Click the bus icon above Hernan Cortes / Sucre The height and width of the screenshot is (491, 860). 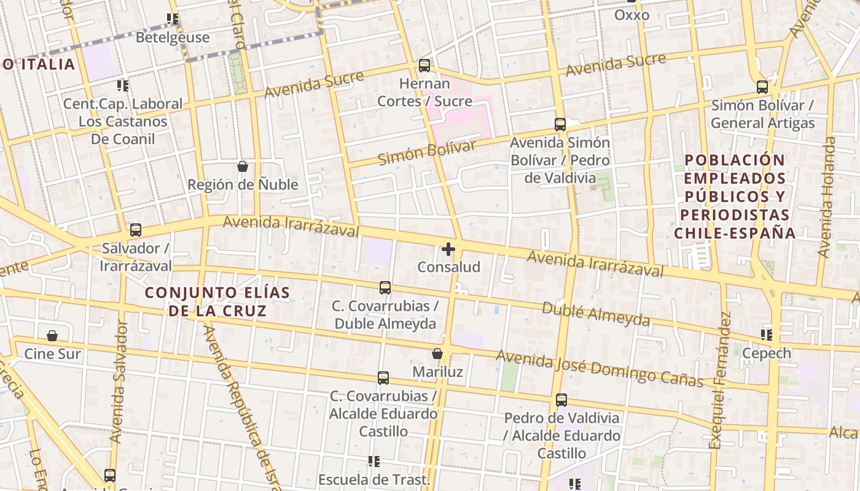(424, 66)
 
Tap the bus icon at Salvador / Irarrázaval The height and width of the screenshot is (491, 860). (135, 231)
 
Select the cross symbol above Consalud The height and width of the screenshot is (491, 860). (448, 249)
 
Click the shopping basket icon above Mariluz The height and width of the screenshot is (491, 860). (437, 354)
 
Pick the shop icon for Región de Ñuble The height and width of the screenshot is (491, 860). (243, 166)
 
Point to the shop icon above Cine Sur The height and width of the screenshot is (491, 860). (52, 336)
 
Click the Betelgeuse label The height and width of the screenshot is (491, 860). (173, 37)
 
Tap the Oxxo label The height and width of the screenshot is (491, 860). (631, 15)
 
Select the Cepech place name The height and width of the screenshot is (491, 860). (767, 354)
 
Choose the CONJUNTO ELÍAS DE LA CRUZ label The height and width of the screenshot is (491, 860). (217, 301)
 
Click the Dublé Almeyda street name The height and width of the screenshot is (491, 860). (595, 314)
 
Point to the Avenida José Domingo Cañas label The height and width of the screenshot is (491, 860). (600, 368)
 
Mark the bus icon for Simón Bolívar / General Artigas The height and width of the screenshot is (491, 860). (762, 87)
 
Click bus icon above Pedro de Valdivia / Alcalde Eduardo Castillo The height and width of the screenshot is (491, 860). (561, 400)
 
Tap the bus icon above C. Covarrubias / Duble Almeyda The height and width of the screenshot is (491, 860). (385, 287)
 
